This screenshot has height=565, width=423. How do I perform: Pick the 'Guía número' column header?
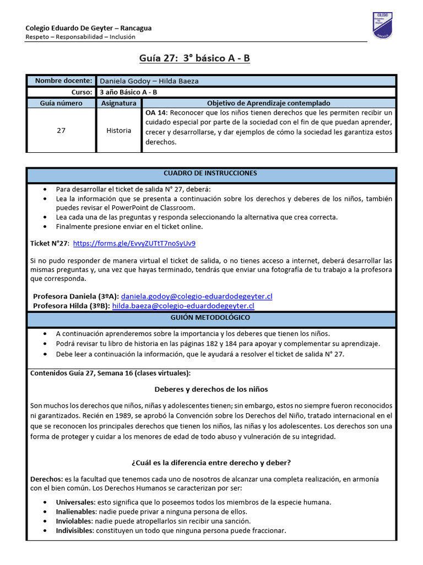[61, 103]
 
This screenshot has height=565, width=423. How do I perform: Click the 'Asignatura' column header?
[119, 103]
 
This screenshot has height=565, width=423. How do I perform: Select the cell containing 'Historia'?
[119, 130]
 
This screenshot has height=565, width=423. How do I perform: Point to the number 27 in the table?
[61, 130]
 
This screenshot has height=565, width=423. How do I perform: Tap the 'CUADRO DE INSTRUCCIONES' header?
[211, 173]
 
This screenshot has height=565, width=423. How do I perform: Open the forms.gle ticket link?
[134, 243]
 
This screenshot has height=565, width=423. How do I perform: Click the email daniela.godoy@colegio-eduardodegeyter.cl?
[196, 296]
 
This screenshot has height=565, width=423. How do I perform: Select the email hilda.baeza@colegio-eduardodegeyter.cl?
[183, 306]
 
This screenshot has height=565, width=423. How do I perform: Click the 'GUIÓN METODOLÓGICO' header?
[211, 318]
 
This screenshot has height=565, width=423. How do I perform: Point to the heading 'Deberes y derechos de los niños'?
[211, 389]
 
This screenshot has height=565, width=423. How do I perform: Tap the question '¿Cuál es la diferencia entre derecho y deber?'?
[211, 462]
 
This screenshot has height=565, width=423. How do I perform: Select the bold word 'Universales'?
[75, 502]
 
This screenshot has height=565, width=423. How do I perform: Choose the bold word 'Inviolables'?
[74, 521]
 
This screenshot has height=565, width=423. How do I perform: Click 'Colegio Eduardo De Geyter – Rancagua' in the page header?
[89, 28]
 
